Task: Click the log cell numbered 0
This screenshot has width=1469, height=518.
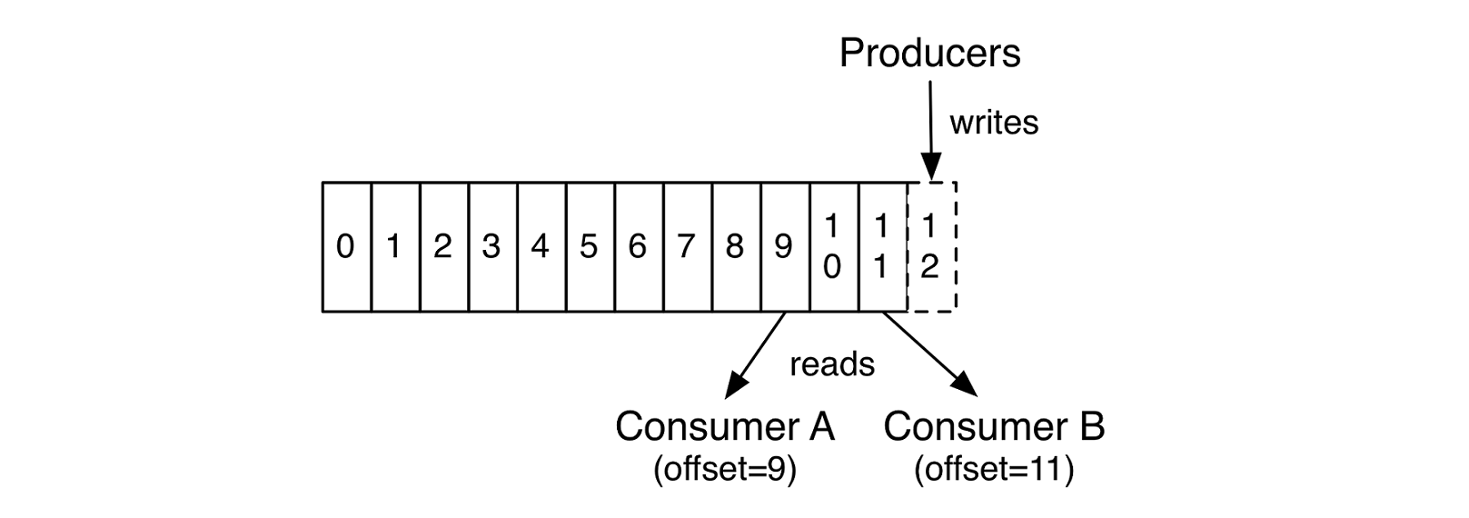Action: pos(345,246)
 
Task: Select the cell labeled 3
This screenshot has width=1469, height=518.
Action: pos(491,246)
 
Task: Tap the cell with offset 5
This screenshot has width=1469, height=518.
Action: pos(589,246)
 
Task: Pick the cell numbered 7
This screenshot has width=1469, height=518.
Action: pos(686,246)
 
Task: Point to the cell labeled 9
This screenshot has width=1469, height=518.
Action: pos(783,246)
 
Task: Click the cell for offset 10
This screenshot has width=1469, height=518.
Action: pos(832,246)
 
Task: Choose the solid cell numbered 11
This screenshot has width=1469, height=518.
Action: pos(881,246)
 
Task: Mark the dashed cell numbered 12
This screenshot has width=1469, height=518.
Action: pos(930,246)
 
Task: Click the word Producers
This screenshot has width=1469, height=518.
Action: pos(929,53)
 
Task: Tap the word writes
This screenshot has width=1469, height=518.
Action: pos(994,123)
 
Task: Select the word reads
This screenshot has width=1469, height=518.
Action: pos(832,364)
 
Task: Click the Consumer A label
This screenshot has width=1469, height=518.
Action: pos(724,426)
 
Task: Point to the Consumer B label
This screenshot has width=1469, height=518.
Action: pos(994,426)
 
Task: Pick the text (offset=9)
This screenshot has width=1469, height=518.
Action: pos(724,470)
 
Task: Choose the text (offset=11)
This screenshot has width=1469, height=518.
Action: pos(994,470)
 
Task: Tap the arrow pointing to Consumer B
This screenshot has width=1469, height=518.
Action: pos(930,355)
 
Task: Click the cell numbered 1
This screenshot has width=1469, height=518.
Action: pos(394,246)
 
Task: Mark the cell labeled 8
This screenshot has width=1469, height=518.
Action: pos(735,246)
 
